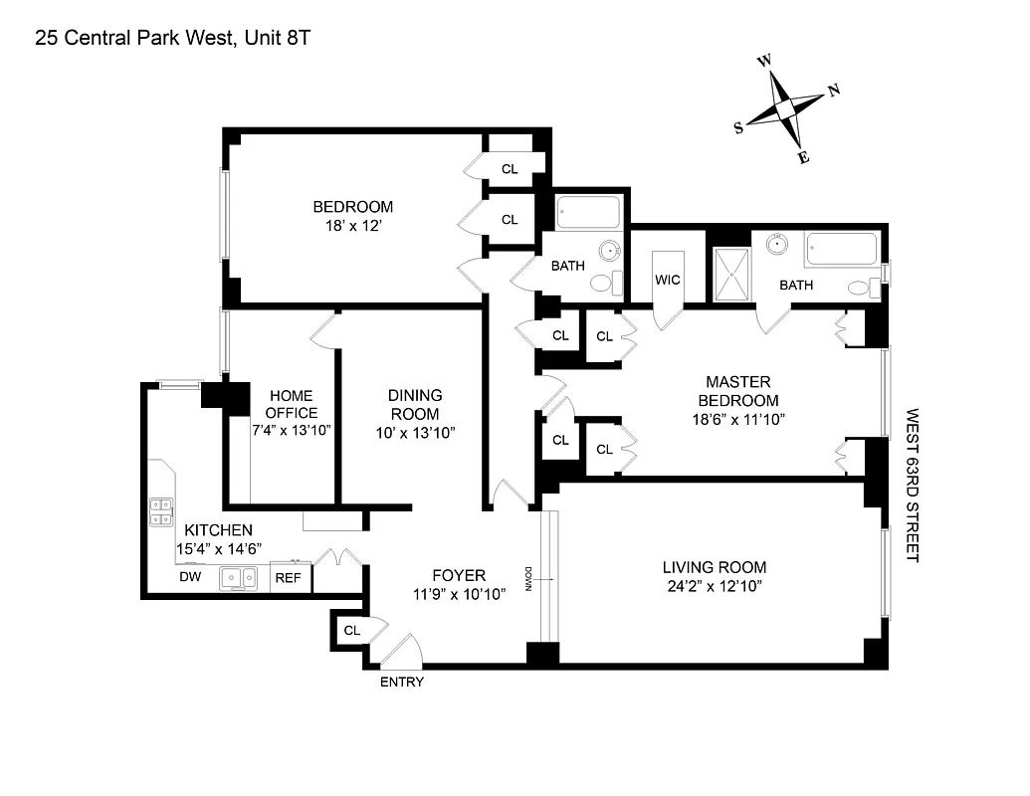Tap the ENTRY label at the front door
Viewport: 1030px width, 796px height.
(x=402, y=682)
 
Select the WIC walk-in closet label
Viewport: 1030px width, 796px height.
(x=667, y=280)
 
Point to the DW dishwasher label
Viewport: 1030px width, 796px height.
(x=189, y=577)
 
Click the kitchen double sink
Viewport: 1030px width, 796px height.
(x=239, y=577)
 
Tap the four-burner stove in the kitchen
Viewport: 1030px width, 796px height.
(x=161, y=511)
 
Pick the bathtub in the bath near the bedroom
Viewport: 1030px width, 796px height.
(x=587, y=213)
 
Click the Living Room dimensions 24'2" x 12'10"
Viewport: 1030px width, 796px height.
(x=715, y=586)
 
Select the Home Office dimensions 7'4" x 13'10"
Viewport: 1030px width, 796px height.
(x=290, y=430)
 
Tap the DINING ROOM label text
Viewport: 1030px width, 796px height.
(x=415, y=404)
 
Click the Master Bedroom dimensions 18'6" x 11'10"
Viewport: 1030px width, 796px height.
(x=737, y=419)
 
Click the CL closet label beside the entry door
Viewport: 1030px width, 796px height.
(x=351, y=630)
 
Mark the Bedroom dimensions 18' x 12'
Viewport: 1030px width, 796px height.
(x=353, y=226)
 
